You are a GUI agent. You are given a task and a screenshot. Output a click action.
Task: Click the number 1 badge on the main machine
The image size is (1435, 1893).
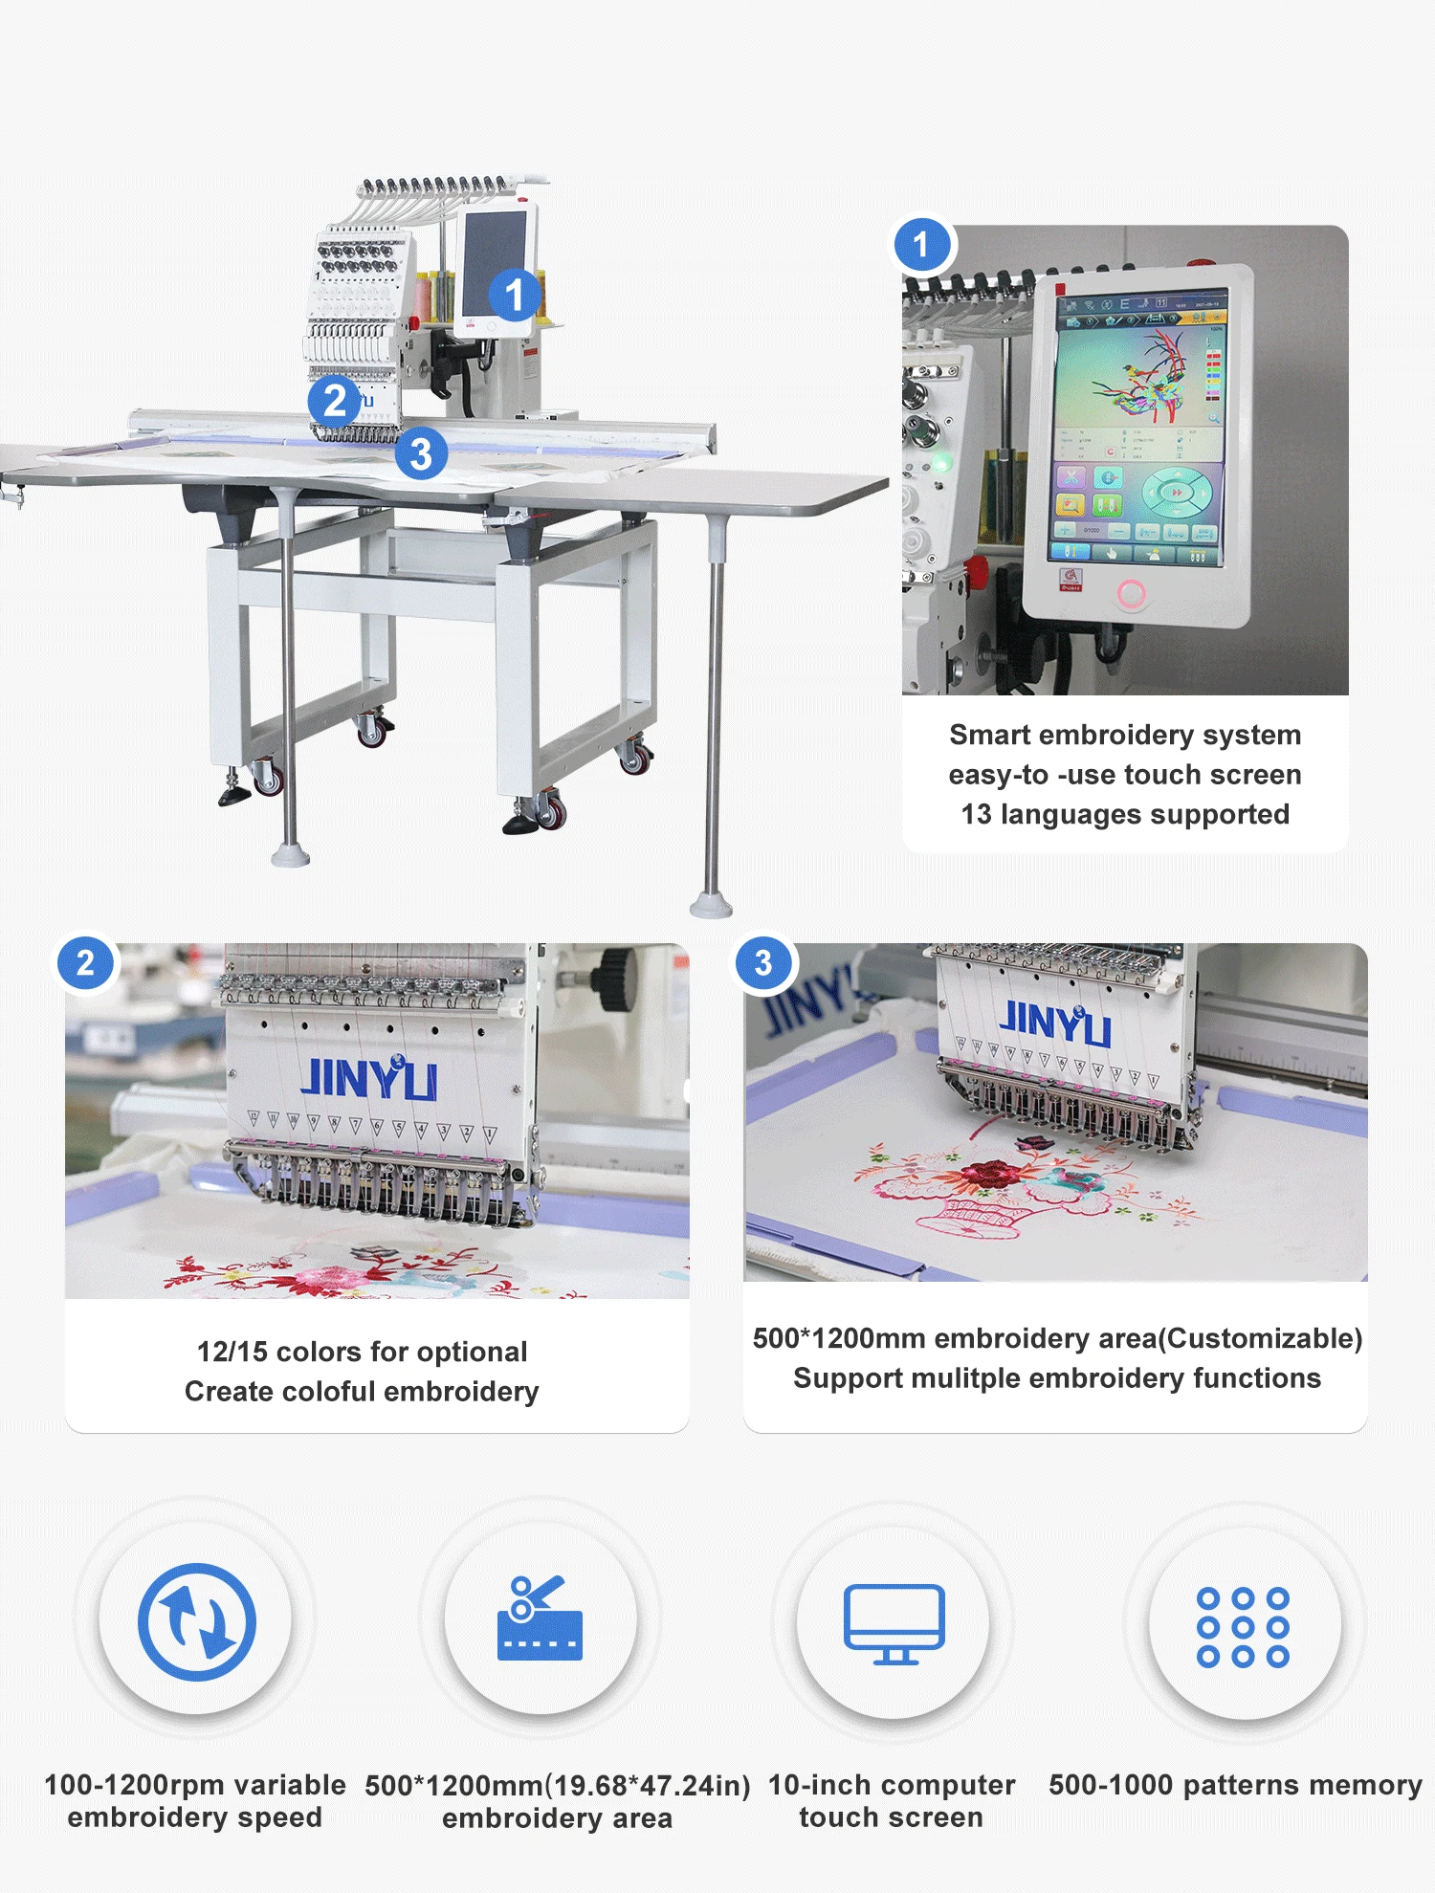515,295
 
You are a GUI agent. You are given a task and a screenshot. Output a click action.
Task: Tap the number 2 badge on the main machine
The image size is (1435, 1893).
334,401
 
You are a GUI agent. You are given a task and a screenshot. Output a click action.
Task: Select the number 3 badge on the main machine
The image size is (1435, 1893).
421,454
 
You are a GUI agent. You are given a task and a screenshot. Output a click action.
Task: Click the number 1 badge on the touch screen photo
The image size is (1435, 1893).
921,245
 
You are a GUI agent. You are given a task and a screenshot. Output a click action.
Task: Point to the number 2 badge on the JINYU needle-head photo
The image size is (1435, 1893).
86,962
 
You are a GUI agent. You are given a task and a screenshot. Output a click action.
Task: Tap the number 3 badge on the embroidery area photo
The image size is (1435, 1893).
763,962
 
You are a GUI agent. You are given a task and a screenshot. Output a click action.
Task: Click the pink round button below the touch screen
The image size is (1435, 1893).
1131,594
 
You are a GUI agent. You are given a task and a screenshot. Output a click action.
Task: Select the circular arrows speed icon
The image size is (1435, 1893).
197,1621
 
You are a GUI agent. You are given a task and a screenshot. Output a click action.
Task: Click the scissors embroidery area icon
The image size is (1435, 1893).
540,1618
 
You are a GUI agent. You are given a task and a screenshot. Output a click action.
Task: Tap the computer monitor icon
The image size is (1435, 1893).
894,1624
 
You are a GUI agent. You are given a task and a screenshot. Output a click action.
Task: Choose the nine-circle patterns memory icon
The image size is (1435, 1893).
1243,1627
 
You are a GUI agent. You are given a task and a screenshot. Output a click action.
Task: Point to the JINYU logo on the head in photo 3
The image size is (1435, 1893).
1055,1023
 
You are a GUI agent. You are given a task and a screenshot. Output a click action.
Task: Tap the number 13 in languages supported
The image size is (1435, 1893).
976,814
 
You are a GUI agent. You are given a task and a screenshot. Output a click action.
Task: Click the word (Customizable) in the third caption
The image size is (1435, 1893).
1260,1338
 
